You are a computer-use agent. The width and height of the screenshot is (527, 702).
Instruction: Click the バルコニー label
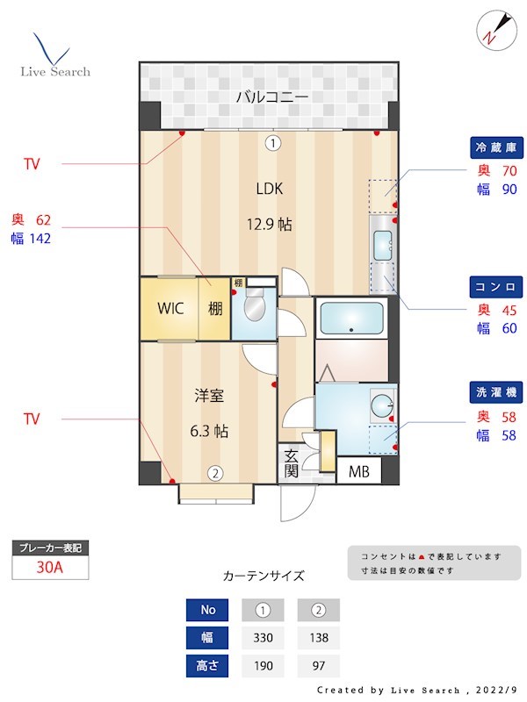[271, 96]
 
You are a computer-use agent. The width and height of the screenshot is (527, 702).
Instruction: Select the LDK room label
[270, 188]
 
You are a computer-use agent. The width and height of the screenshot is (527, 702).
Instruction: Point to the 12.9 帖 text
[269, 225]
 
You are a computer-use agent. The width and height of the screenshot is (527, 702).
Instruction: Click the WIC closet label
[170, 309]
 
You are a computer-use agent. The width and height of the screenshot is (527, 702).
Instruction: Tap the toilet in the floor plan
[255, 309]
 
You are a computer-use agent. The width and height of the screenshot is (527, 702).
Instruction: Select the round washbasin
[382, 406]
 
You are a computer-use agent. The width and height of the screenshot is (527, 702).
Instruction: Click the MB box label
[359, 472]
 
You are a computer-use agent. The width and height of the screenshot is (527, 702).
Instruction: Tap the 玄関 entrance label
[291, 464]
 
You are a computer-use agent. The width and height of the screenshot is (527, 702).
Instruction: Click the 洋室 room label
[210, 395]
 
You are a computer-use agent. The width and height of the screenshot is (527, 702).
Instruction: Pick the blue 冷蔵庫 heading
[496, 147]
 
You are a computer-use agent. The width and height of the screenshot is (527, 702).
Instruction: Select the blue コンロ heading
[496, 287]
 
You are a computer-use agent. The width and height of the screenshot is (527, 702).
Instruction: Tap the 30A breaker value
[49, 567]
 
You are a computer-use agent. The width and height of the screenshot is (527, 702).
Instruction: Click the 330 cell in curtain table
[262, 637]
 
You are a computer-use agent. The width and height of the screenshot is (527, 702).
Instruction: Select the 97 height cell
[318, 665]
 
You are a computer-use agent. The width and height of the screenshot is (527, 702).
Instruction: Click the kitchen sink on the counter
[382, 247]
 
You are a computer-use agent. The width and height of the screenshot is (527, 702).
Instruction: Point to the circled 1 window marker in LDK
[273, 142]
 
